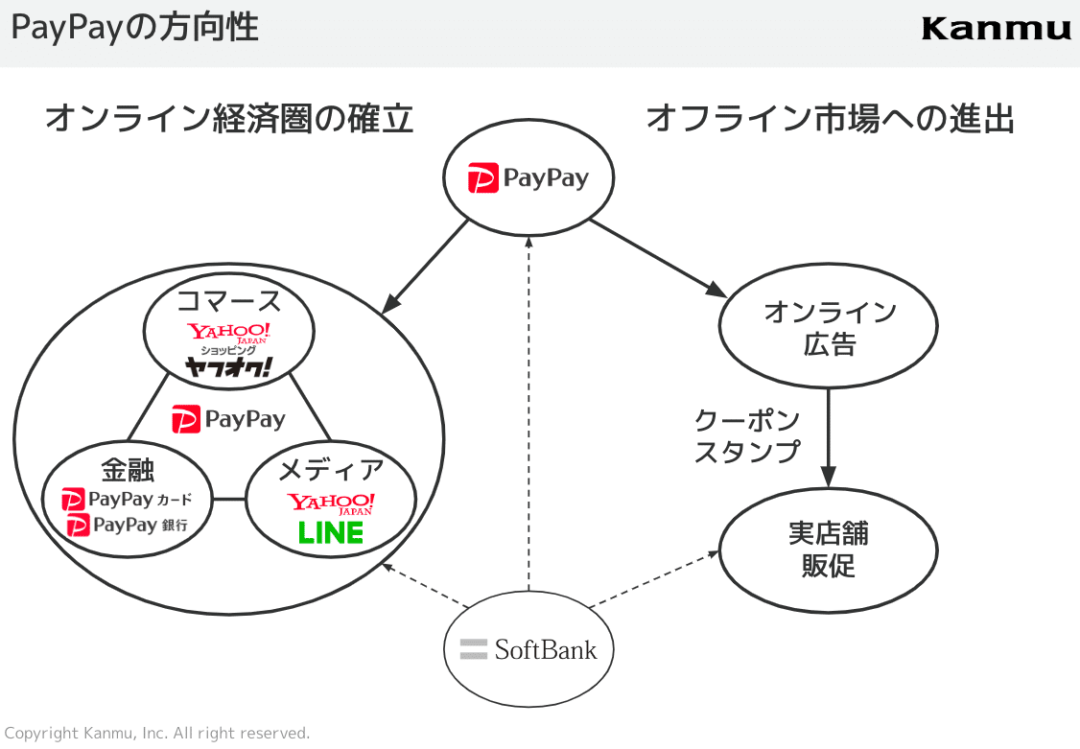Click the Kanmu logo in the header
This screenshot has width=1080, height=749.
(x=996, y=29)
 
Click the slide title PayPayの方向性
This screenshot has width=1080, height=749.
(x=135, y=28)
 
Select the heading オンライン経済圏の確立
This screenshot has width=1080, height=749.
(x=229, y=119)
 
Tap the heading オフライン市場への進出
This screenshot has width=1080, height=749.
(x=831, y=119)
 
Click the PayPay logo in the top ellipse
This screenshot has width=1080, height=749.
(x=528, y=179)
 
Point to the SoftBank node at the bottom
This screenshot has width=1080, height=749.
(x=528, y=650)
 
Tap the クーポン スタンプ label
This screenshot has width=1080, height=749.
(x=747, y=436)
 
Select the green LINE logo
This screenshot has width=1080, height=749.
(x=331, y=533)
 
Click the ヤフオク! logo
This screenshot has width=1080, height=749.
(x=228, y=367)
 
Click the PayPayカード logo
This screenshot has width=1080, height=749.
(x=127, y=500)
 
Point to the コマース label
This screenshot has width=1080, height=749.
(x=228, y=301)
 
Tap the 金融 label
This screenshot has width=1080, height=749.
(x=128, y=470)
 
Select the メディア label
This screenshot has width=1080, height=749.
(x=331, y=470)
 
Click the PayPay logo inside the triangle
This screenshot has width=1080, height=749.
(x=228, y=419)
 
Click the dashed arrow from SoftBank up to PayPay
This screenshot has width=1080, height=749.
(x=528, y=412)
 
